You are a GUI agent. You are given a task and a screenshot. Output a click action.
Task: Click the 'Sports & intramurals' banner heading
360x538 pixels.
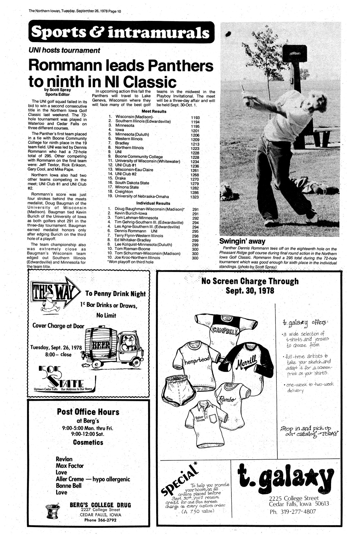121,32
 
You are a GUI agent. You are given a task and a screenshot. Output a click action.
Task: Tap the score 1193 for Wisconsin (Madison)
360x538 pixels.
195,118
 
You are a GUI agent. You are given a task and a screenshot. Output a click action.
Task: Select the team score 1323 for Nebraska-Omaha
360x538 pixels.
195,197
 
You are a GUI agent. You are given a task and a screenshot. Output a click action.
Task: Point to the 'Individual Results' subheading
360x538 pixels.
153,203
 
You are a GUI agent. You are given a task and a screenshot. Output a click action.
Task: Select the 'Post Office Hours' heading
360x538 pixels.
88,412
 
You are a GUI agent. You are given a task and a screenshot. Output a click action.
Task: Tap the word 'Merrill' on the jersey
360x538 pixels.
247,365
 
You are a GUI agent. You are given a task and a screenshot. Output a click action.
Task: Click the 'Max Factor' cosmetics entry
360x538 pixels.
70,465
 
